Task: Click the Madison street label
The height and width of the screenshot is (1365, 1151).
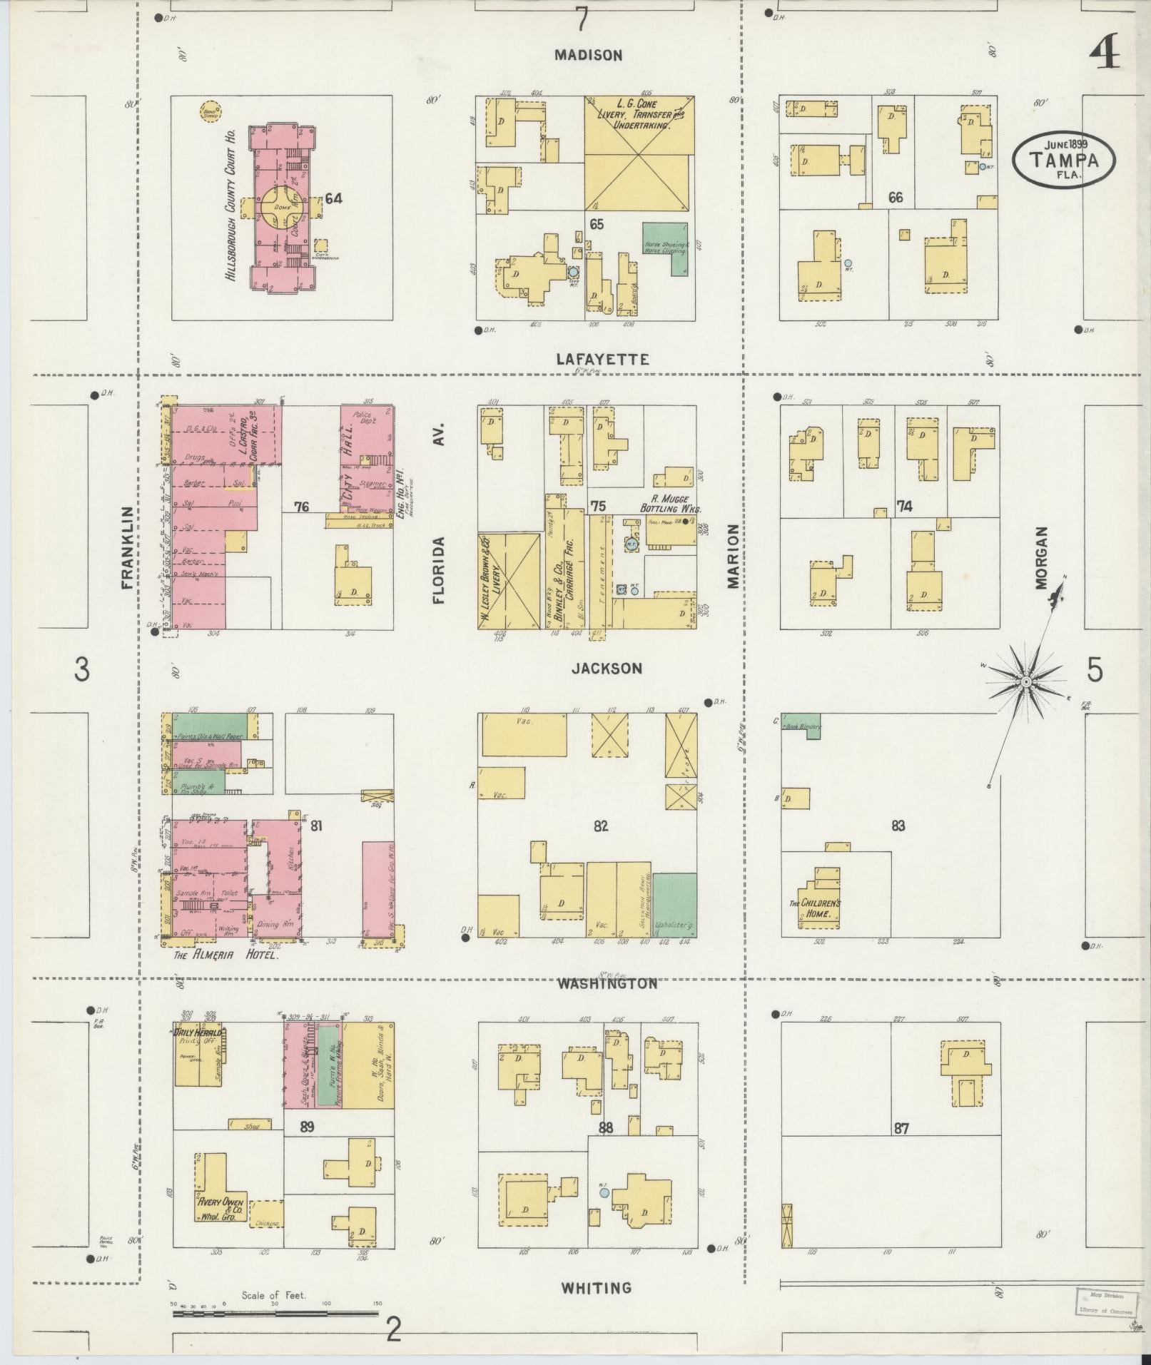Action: point(589,55)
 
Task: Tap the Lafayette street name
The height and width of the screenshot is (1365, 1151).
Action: point(603,359)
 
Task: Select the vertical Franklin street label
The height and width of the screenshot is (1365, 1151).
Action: point(128,547)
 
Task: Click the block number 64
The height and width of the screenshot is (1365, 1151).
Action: point(333,198)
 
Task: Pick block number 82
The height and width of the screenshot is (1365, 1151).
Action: point(600,826)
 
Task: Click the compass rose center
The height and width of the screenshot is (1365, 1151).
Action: point(1025,682)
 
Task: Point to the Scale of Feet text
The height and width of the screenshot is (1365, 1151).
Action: point(273,1295)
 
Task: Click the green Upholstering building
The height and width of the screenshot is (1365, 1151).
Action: point(675,903)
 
